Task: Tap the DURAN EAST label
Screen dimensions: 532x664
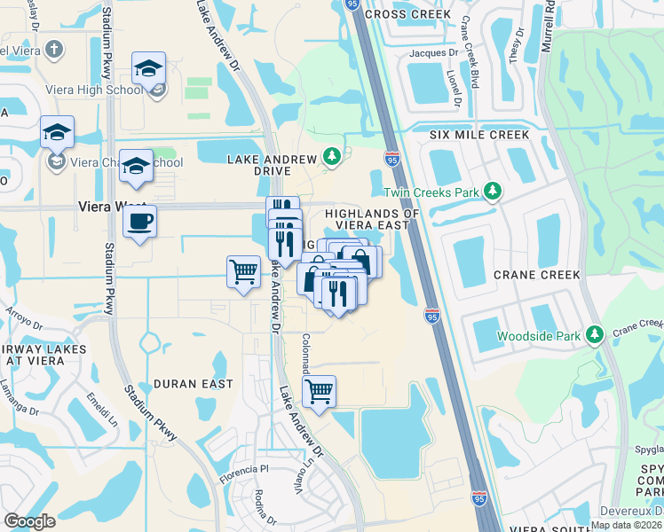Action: [194, 384]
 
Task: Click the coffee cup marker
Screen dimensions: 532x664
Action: [140, 222]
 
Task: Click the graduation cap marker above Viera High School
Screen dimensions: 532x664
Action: [148, 67]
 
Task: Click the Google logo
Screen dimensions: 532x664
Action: [29, 521]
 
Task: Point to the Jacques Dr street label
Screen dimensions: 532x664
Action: [432, 53]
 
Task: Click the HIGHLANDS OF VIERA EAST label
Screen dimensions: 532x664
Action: [372, 219]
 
